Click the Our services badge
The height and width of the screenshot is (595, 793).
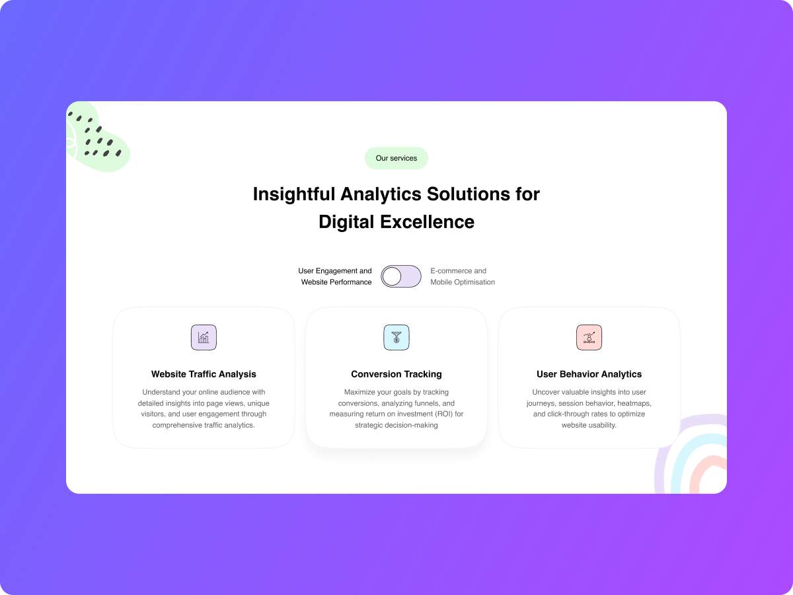tap(397, 158)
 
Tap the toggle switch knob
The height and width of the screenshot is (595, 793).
tap(392, 276)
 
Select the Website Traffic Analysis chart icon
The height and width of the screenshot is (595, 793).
tap(204, 338)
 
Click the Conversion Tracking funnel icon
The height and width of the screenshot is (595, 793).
tap(397, 338)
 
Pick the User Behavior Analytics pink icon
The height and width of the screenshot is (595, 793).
tap(589, 338)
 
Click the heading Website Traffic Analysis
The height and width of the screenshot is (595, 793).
tap(204, 374)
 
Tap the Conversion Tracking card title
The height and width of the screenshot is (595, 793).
tap(397, 374)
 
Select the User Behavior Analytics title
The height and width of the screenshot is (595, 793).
tap(589, 374)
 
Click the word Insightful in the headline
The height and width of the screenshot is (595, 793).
tap(293, 194)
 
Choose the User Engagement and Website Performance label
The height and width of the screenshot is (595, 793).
tap(336, 276)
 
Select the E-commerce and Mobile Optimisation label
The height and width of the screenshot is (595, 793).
tap(462, 276)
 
